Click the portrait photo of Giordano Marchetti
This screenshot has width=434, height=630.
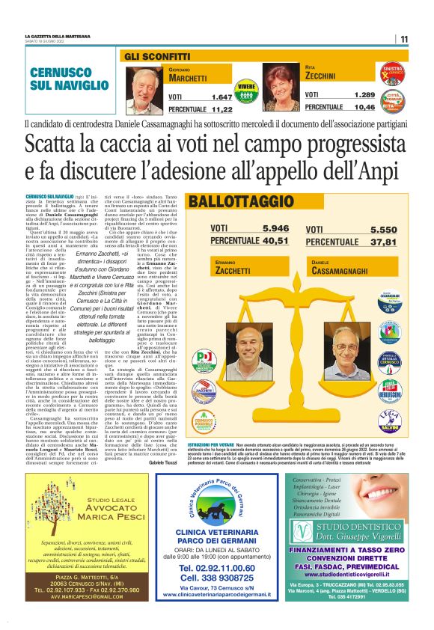point(146,88)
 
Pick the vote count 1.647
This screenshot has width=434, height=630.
point(221,97)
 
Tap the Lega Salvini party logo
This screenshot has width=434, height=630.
point(411,420)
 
